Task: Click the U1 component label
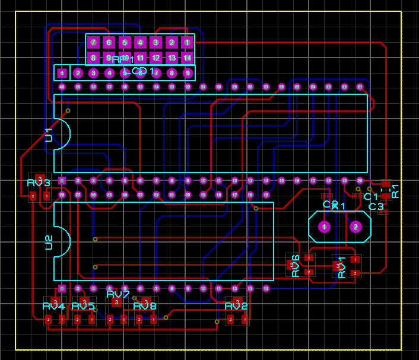coord(49,135)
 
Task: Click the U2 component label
coord(49,242)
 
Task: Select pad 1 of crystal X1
coord(324,227)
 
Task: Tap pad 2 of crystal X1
coord(355,227)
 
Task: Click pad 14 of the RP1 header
coord(187,58)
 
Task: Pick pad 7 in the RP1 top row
coord(93,42)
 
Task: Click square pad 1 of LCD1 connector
coord(62,73)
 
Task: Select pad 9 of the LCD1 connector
coord(188,73)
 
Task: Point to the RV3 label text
coord(39,182)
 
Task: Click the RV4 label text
coord(53,306)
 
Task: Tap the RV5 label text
coord(83,306)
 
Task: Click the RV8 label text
coord(145,306)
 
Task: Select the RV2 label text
coord(236,306)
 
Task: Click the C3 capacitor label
coord(376,206)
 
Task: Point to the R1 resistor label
coord(395,190)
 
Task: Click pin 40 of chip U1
coord(62,87)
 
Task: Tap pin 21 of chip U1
coord(360,87)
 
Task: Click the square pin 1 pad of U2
coord(62,288)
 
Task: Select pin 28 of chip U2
coord(62,195)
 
